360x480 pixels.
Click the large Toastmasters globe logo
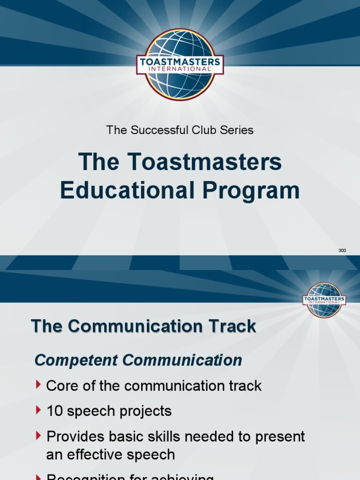tap(180, 65)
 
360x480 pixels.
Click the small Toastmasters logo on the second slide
tap(324, 300)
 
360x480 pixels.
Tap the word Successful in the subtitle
tap(153, 130)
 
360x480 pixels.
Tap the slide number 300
tap(342, 251)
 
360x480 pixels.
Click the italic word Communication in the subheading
tap(182, 361)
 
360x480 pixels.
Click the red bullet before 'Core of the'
tap(38, 385)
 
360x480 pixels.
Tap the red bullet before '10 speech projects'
tap(38, 410)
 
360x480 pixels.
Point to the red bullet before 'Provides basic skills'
tap(38, 435)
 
